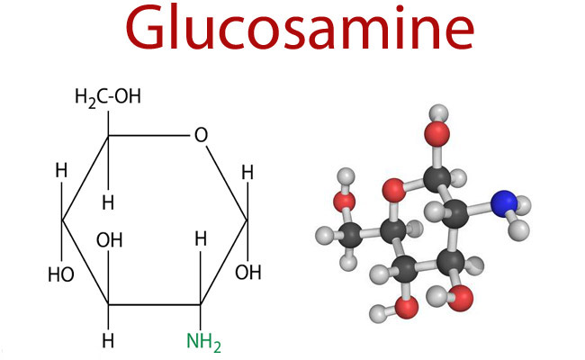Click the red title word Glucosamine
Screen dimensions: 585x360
pyautogui.click(x=300, y=29)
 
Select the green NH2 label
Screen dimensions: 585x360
pyautogui.click(x=203, y=342)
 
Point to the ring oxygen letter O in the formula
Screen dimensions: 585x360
pyautogui.click(x=201, y=135)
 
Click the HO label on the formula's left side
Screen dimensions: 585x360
pyautogui.click(x=61, y=274)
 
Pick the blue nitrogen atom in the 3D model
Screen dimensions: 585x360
pyautogui.click(x=504, y=203)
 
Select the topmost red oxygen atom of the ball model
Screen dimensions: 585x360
pyautogui.click(x=436, y=133)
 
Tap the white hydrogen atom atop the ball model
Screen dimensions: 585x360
pyautogui.click(x=439, y=113)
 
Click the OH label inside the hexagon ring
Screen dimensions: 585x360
pyautogui.click(x=109, y=240)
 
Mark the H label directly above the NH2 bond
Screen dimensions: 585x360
pyautogui.click(x=201, y=238)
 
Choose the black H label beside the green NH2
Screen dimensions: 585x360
pyautogui.click(x=108, y=340)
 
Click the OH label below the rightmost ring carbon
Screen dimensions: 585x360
pyautogui.click(x=248, y=273)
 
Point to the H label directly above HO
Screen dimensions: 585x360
pyautogui.click(x=61, y=170)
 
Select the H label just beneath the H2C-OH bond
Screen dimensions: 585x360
pyautogui.click(x=108, y=202)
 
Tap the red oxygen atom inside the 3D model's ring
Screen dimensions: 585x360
pyautogui.click(x=394, y=190)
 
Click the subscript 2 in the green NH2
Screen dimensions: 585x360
pyautogui.click(x=216, y=346)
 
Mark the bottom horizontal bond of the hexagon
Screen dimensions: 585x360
pyautogui.click(x=155, y=305)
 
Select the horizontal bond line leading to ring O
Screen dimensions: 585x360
pyautogui.click(x=148, y=135)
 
